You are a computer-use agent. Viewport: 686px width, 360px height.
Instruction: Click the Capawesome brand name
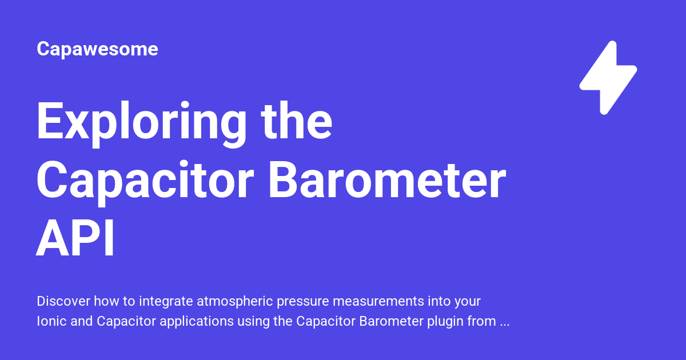pos(97,49)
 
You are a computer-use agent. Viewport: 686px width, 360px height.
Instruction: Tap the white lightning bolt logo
pos(608,78)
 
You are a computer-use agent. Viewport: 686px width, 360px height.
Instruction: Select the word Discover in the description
pos(63,301)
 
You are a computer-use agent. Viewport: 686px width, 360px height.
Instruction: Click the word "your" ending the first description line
pos(466,301)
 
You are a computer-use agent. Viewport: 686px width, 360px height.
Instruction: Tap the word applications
pos(196,322)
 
